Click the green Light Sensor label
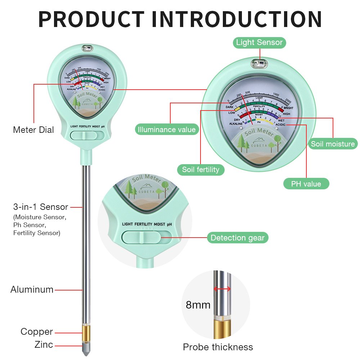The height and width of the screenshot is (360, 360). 259,42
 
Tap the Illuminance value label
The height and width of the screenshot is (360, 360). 167,130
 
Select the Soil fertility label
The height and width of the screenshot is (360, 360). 201,170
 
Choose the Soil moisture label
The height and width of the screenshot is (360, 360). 333,144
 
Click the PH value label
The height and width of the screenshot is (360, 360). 306,184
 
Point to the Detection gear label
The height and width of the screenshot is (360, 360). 238,238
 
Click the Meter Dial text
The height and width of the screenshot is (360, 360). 33,130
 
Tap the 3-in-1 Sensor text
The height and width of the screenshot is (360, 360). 41,207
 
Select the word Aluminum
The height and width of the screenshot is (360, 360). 32,289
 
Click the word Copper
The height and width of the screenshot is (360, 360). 37,332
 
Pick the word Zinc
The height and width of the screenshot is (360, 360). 44,345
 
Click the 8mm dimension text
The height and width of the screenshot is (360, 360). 198,305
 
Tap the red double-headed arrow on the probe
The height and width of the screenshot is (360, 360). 222,289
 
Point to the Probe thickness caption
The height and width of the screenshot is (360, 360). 218,347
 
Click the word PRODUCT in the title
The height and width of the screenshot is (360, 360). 91,19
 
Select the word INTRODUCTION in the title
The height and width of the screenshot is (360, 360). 237,19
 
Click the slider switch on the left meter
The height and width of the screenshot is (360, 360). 87,135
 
